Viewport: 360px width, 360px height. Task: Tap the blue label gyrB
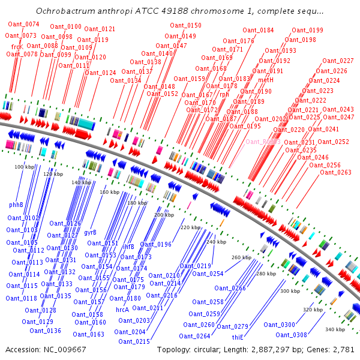(90, 232)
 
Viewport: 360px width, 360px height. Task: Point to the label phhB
(16, 205)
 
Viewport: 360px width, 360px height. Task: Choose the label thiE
(238, 337)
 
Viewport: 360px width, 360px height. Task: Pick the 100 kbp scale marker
(25, 166)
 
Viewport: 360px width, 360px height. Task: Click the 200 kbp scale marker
(163, 214)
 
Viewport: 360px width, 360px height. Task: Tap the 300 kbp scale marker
(290, 291)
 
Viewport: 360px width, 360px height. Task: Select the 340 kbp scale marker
(334, 329)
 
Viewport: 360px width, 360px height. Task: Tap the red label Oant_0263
(335, 172)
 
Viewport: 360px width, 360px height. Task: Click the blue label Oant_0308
(292, 335)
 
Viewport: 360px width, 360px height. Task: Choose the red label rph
(224, 94)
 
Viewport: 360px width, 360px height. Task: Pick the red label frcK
(17, 46)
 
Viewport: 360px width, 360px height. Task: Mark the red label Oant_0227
(338, 61)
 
